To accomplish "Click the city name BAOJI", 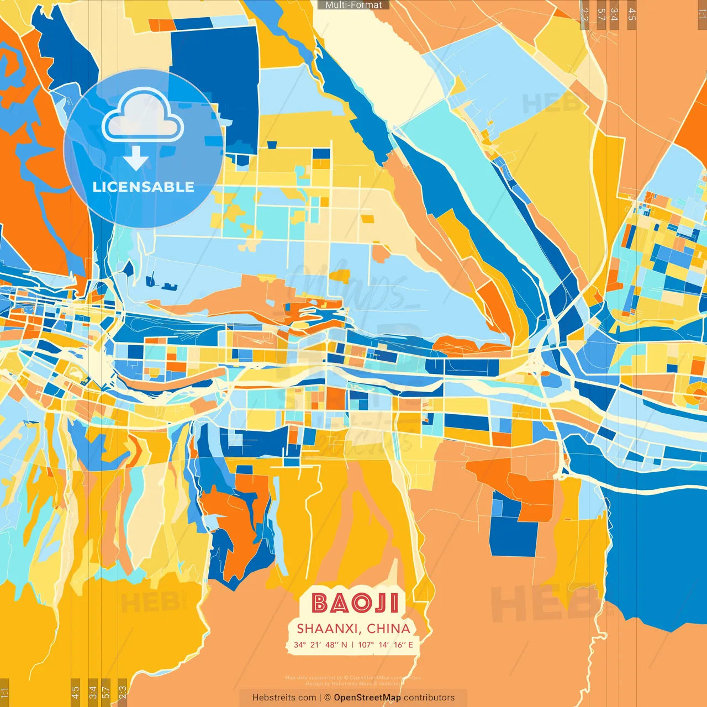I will point(354,603).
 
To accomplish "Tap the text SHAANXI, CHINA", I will point(353,629).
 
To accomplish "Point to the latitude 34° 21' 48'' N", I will point(320,645).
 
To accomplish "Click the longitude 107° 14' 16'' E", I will point(386,645).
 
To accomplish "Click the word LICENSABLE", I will point(144,187).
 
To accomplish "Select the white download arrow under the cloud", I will point(136,160).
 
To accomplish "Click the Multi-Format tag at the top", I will point(353,5).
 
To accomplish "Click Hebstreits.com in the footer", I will point(284,698).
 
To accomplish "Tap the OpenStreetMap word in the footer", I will point(367,698).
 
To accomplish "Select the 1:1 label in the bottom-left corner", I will point(4,692).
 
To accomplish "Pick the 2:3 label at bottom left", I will point(123,692).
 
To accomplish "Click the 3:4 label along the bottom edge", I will point(92,692).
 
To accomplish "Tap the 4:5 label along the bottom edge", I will point(75,692).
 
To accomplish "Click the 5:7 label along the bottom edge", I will point(106,692).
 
